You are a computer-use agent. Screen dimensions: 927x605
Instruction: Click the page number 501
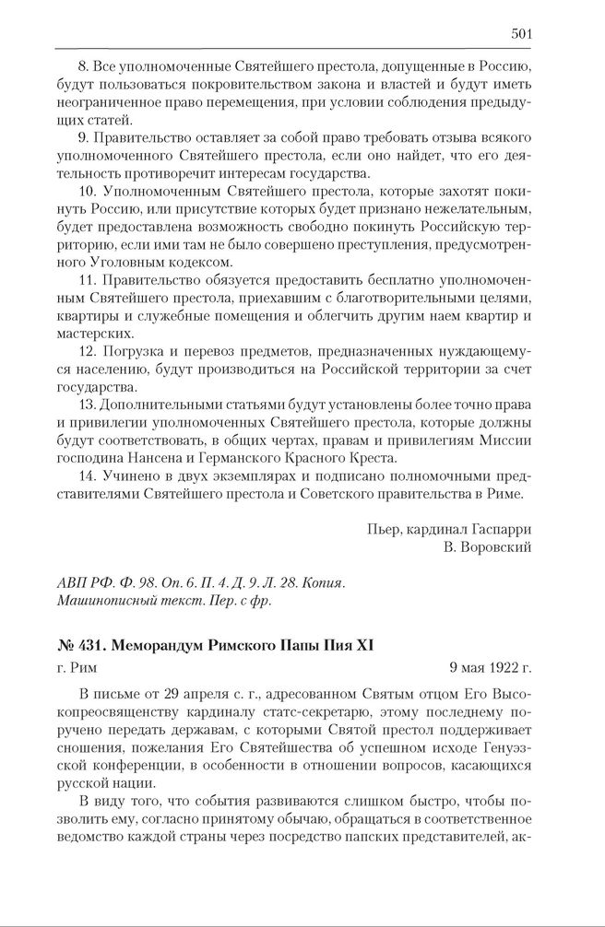point(521,34)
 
